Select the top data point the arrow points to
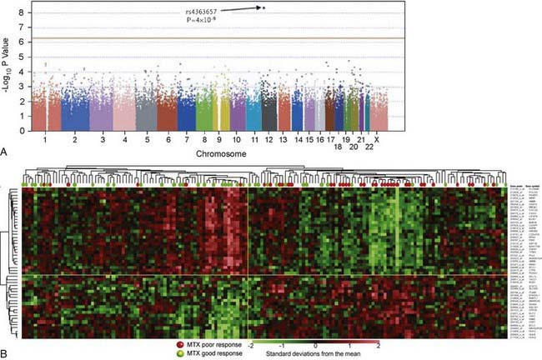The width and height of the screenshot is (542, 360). tap(263, 7)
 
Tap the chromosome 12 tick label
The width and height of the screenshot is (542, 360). tap(268, 140)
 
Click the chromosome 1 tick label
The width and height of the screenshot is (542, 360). tap(44, 140)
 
